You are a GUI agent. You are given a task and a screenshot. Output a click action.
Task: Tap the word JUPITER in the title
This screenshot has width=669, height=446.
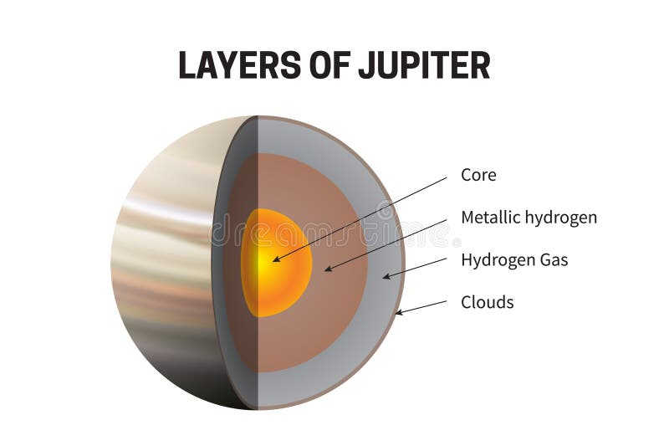coord(426,65)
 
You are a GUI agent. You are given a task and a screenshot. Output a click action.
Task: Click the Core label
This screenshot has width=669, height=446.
coord(478,175)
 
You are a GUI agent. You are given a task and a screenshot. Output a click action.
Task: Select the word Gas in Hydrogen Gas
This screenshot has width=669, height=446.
coord(553,260)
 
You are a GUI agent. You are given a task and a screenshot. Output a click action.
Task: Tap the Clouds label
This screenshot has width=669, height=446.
coord(488,302)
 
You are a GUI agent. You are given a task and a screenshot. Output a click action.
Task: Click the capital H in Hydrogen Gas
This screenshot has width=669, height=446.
coord(467,260)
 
